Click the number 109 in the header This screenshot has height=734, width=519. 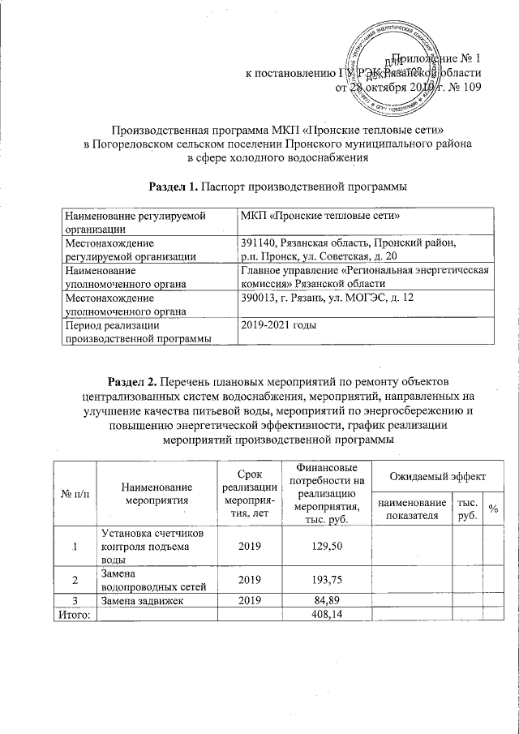point(471,88)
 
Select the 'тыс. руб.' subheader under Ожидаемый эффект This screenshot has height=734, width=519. point(467,509)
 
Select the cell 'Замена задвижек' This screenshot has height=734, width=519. point(142,601)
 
